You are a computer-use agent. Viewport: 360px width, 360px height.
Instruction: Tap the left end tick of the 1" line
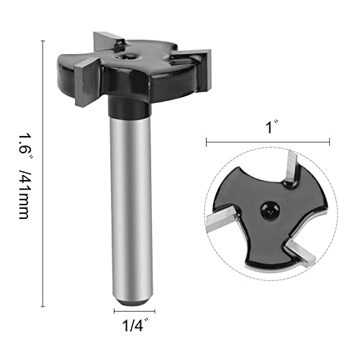coord(207,143)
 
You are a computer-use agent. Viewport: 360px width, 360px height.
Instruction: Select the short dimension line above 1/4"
coord(133,312)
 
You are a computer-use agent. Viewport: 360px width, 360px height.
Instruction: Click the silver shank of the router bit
coord(133,209)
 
